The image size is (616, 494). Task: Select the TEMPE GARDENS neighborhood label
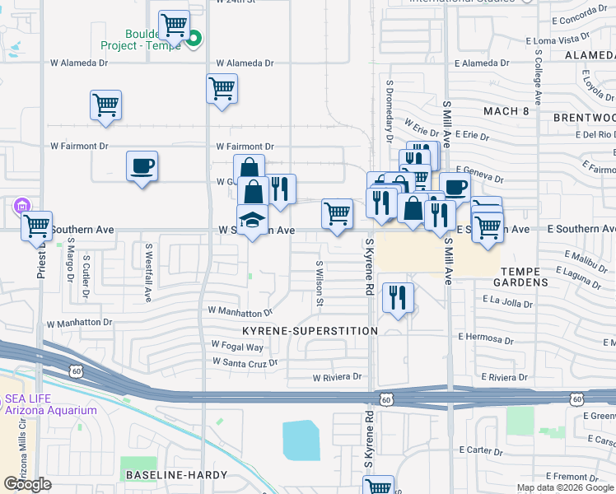click(x=520, y=276)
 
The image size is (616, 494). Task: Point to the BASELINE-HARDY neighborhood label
click(x=158, y=475)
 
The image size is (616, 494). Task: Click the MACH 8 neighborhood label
click(x=506, y=111)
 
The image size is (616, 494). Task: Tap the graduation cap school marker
click(x=253, y=221)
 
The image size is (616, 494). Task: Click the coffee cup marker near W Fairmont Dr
click(x=142, y=166)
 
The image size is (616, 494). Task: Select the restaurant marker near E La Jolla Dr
click(x=398, y=298)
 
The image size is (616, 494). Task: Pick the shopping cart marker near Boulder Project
click(x=174, y=26)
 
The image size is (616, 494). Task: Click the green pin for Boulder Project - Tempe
click(x=194, y=37)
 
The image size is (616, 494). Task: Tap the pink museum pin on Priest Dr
click(x=21, y=207)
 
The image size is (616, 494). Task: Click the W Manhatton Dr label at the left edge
click(x=78, y=324)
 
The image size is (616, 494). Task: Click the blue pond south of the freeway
click(x=301, y=440)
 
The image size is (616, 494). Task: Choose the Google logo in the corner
click(x=27, y=484)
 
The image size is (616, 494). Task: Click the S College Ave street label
click(x=538, y=76)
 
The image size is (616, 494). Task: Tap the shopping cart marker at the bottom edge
click(x=378, y=486)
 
